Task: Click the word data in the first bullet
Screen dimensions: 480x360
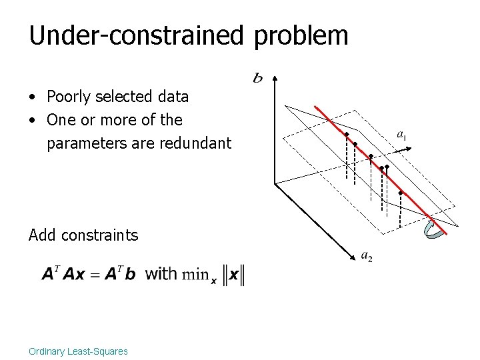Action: tap(173, 97)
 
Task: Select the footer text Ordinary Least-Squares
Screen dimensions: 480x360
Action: tap(78, 351)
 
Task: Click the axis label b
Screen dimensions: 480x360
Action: tap(257, 79)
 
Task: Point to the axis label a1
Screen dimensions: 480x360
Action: tap(401, 135)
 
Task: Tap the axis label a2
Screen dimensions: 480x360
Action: tap(366, 255)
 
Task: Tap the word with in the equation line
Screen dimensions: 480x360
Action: tap(161, 273)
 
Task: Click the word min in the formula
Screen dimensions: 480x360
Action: tap(195, 274)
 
